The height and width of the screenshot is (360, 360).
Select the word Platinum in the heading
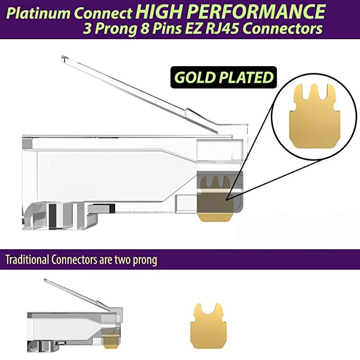[37, 13]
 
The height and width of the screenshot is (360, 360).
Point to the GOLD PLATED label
[224, 77]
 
